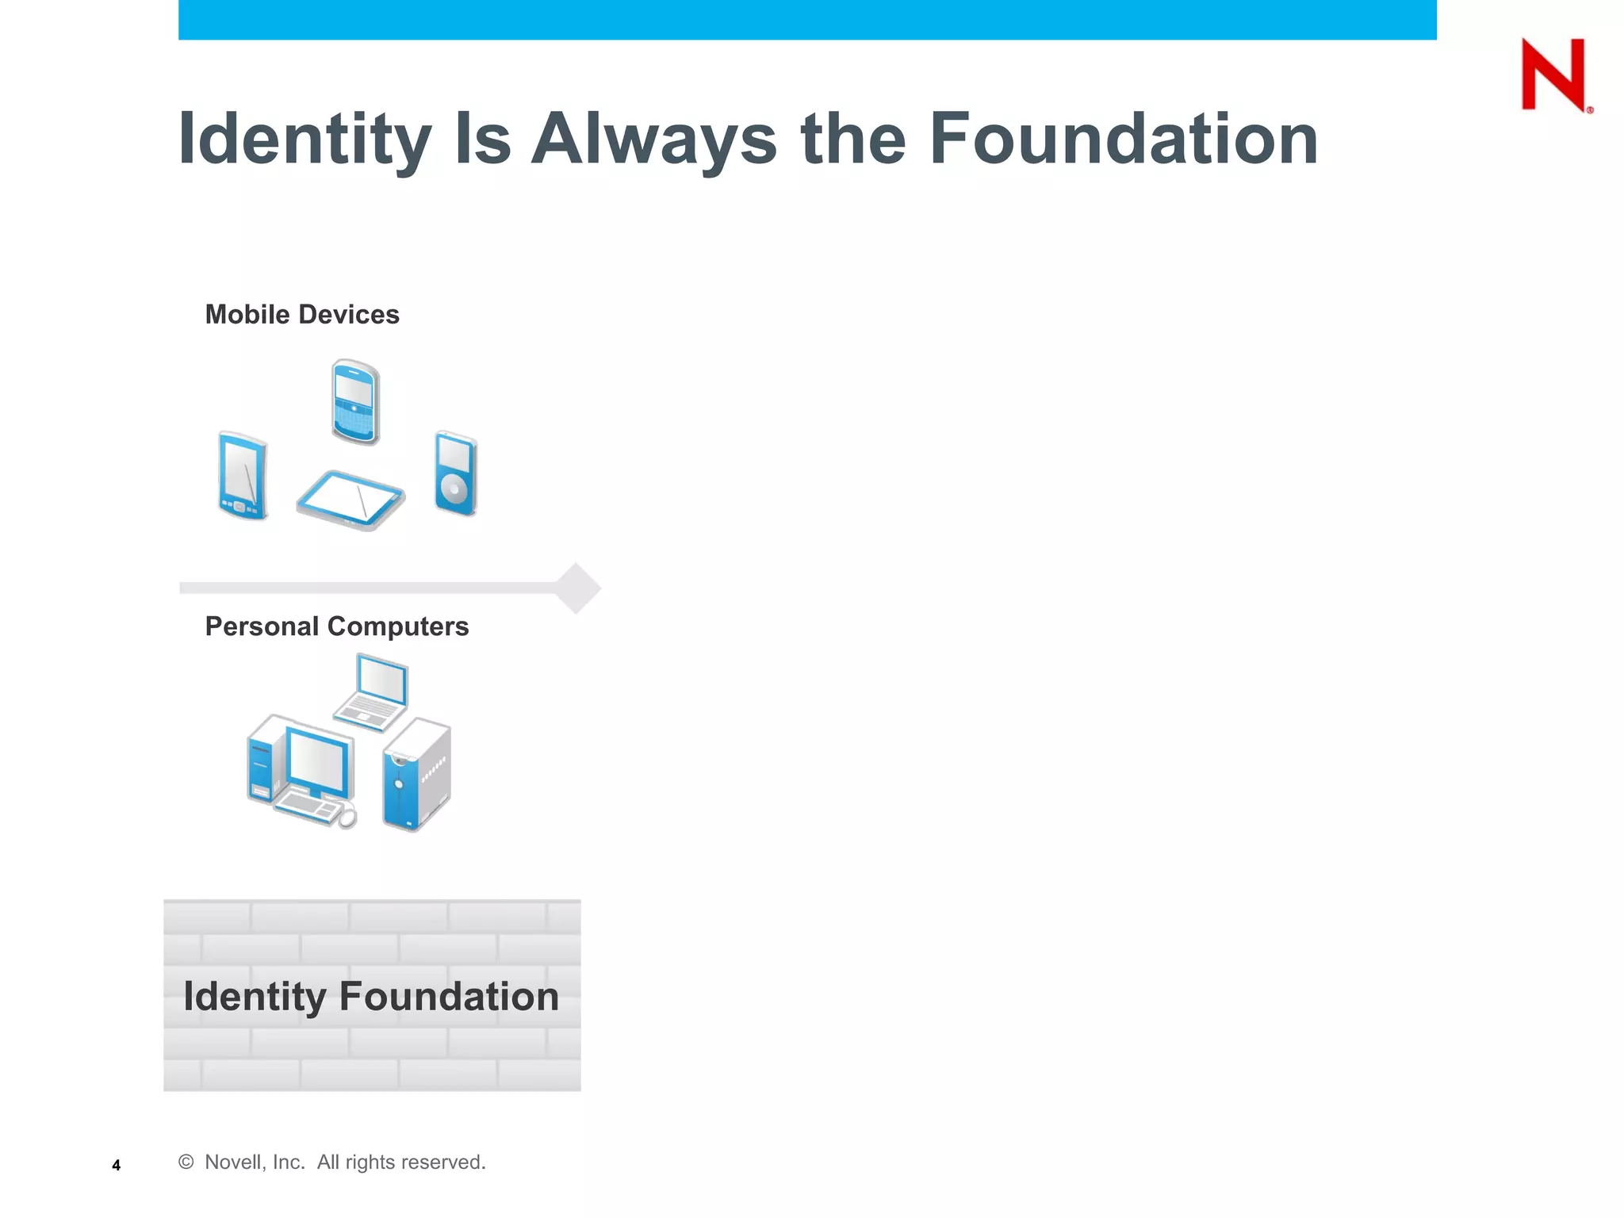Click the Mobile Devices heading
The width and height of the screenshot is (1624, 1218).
(x=302, y=315)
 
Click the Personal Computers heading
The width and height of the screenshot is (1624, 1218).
(x=337, y=626)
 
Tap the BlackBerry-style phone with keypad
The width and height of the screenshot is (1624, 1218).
(x=355, y=401)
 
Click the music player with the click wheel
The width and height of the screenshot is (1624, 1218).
(x=455, y=473)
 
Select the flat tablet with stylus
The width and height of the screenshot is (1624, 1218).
(x=350, y=500)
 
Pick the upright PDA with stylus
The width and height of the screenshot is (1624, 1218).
(x=243, y=476)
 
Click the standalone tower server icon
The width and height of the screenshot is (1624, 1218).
(x=416, y=775)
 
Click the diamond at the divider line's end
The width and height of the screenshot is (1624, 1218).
(x=576, y=588)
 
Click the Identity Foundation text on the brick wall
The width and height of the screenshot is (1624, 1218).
(x=371, y=996)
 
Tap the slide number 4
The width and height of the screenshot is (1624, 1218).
(x=117, y=1165)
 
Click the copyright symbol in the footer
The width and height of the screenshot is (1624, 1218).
(x=186, y=1162)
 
